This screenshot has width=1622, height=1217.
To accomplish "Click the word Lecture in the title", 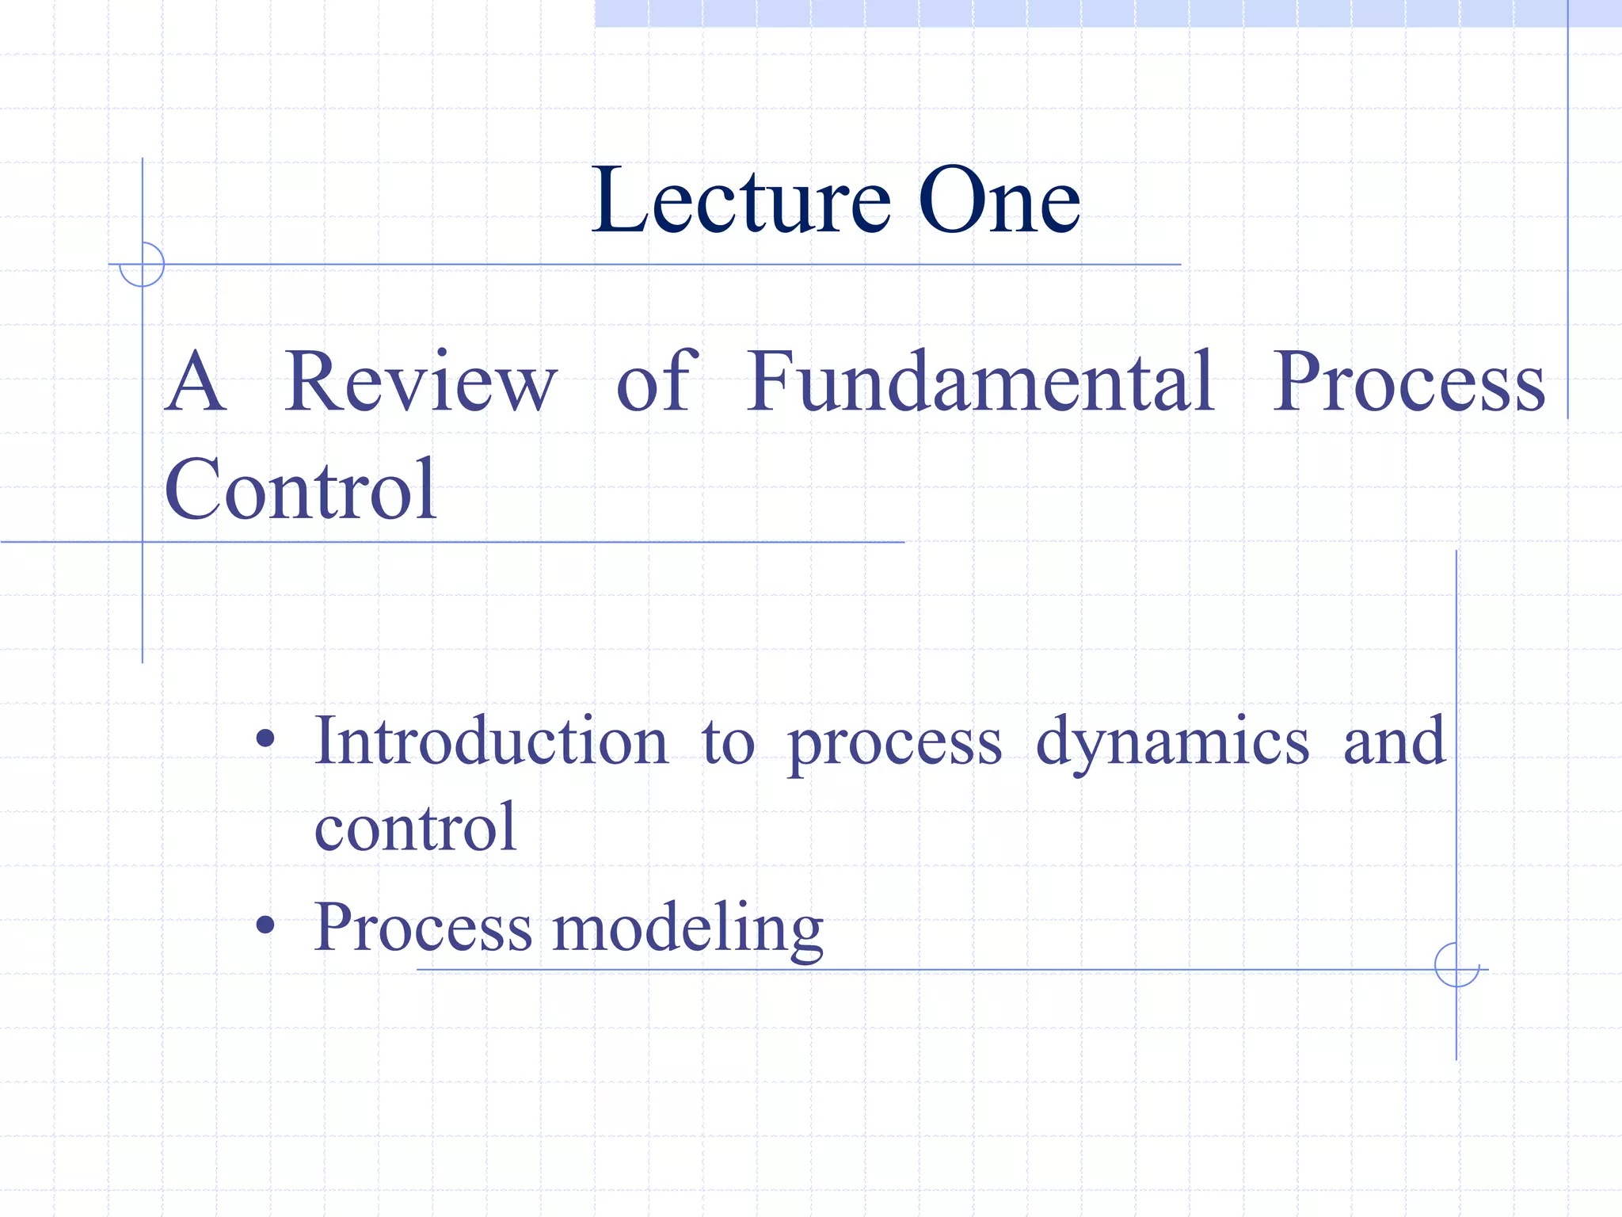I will coord(741,201).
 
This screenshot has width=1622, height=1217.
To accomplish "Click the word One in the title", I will coord(999,201).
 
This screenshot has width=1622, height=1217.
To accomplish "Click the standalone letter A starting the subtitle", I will coord(196,383).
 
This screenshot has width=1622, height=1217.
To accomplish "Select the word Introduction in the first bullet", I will coord(491,742).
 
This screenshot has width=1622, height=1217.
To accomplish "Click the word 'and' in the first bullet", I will coord(1395,742).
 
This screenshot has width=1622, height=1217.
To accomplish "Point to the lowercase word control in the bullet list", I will coord(416,828).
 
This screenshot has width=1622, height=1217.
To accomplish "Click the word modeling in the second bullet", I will coord(687,929).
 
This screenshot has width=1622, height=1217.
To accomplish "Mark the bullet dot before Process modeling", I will coord(265,925).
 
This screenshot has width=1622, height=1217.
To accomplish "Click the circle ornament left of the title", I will coord(142,264).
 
